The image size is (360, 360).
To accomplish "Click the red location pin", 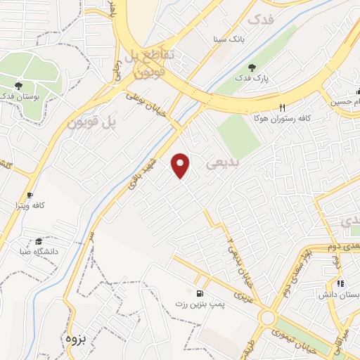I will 181,165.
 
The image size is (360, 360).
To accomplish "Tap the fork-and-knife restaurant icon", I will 283,108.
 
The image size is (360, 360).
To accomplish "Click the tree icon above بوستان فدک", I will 18,86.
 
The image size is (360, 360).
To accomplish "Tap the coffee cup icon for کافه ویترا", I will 30,195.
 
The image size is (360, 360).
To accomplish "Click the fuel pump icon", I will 200,292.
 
